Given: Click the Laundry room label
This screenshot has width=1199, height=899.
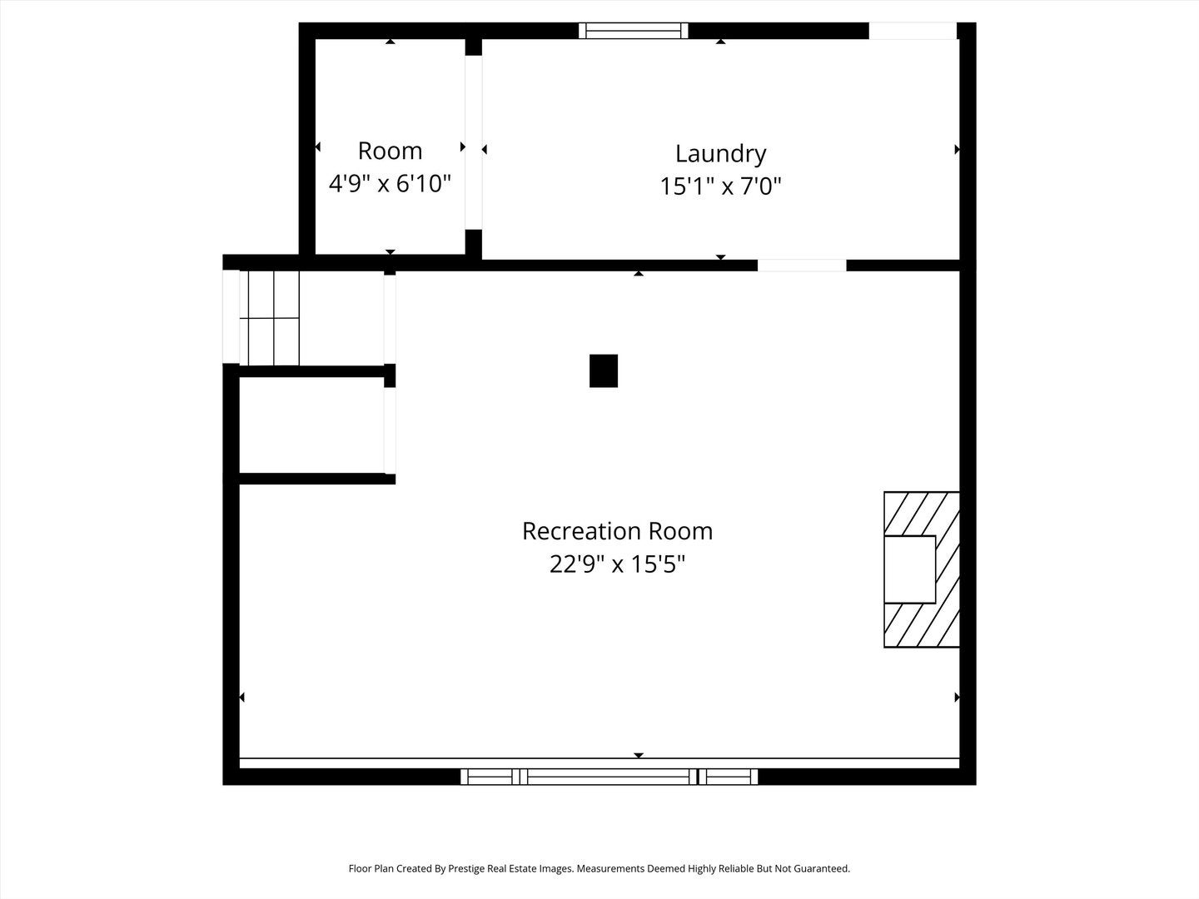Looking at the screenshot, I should pos(720,154).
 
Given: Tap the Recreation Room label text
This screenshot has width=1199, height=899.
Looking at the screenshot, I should pos(617,531).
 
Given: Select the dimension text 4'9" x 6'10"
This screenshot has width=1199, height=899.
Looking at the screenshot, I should pos(390,183).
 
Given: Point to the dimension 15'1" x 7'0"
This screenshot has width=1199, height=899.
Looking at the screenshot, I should pos(720,186).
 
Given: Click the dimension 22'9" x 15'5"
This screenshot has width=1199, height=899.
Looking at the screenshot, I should pos(617,564).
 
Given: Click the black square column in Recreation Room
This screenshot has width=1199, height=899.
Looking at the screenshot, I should pos(604,371).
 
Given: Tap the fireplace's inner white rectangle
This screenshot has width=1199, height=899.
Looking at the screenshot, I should pos(909,569).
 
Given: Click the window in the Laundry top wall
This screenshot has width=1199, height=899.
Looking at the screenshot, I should pos(634,31).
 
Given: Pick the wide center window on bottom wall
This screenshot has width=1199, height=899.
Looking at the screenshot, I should pos(609,777).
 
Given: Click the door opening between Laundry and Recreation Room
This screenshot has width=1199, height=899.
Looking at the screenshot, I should pos(802,266).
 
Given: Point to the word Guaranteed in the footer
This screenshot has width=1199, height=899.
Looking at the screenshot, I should pos(820,869).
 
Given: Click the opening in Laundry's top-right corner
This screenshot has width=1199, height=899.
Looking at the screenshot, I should pos(913,31).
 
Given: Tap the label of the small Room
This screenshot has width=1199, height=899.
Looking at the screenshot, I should pos(390,151).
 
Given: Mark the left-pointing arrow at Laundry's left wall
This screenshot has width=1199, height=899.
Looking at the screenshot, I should pos(484,150).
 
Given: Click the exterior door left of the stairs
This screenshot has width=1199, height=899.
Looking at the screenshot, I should pos(231,317).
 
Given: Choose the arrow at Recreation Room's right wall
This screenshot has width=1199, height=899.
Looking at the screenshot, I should pos(957,697).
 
